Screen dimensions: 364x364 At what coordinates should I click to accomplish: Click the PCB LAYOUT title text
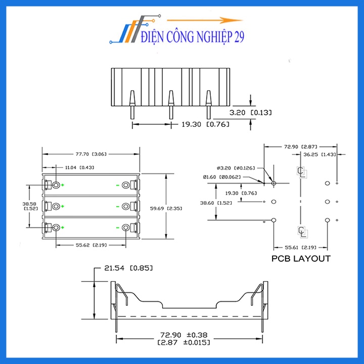[x=301, y=258]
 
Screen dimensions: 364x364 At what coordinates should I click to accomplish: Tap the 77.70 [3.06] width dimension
[x=90, y=154]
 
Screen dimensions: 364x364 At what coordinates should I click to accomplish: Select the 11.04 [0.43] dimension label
[x=79, y=167]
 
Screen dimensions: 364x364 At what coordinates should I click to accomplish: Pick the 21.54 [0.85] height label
[x=128, y=268]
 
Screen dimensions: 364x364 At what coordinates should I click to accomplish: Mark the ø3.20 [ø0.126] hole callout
[x=236, y=168]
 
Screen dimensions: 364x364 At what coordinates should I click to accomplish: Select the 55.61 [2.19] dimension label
[x=298, y=248]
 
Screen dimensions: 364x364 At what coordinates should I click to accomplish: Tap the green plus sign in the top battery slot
[x=63, y=186]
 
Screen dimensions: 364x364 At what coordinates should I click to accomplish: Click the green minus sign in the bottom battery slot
[x=118, y=227]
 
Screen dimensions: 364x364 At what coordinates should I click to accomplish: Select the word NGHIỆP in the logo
[x=209, y=38]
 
